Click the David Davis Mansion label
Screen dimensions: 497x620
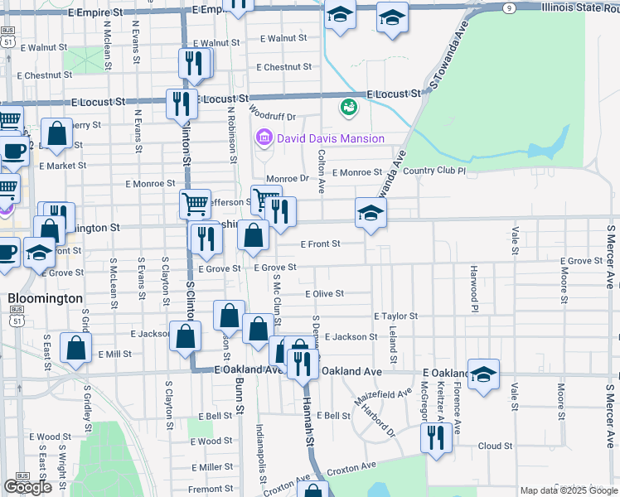[x=331, y=138]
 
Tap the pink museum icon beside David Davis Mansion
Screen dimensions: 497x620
[x=265, y=138]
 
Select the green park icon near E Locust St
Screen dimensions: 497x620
[x=348, y=107]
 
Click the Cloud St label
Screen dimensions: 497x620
[x=495, y=446]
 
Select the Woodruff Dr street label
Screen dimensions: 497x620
[x=272, y=118]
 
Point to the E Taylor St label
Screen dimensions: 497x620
[x=395, y=316]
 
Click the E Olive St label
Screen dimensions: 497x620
[x=324, y=293]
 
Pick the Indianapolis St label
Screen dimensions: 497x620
[x=261, y=452]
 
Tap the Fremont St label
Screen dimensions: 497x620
[x=211, y=490]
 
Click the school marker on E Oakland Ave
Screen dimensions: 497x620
[x=483, y=373]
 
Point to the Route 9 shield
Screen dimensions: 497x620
[x=506, y=7]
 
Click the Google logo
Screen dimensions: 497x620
[x=27, y=487]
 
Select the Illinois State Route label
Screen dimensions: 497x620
[x=580, y=7]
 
